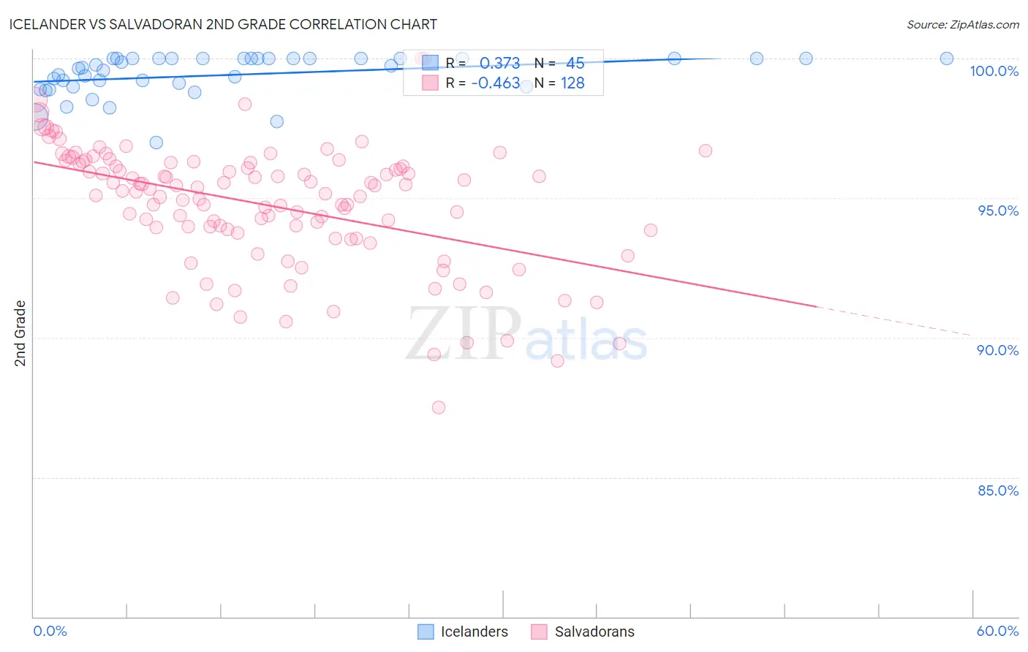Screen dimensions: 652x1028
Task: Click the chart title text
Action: click(x=223, y=24)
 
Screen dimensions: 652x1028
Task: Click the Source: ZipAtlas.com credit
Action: click(x=962, y=25)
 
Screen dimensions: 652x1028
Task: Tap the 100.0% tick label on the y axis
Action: click(x=994, y=71)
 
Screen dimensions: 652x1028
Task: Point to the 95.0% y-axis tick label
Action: click(x=998, y=211)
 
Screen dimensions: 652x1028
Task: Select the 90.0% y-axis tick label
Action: click(x=998, y=350)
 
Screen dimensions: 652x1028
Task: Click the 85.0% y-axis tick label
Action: click(x=998, y=490)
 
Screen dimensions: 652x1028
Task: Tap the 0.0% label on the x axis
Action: click(x=50, y=631)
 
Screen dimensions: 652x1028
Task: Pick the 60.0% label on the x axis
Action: click(x=997, y=631)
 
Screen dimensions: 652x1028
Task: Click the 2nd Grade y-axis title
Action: click(x=20, y=333)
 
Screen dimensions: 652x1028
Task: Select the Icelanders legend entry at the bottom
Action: click(x=463, y=632)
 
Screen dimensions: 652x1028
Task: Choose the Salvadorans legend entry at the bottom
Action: click(x=583, y=632)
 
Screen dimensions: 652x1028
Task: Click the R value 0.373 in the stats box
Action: click(x=499, y=63)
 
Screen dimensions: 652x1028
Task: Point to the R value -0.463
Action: click(x=495, y=83)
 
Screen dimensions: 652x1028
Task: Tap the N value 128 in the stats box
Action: click(x=572, y=83)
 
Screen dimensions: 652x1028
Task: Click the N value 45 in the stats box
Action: click(x=575, y=63)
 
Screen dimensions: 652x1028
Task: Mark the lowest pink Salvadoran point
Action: click(x=439, y=407)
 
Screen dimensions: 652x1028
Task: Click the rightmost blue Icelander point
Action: click(x=946, y=58)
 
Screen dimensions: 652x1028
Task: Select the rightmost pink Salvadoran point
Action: click(x=706, y=151)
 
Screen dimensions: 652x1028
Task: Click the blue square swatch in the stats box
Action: click(x=430, y=63)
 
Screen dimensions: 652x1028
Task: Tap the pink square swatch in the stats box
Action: click(x=430, y=83)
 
